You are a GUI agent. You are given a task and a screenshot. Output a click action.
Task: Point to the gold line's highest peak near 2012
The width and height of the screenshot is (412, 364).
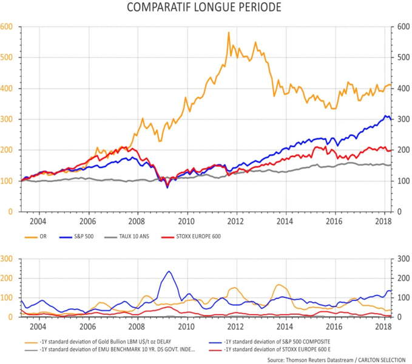point(229,33)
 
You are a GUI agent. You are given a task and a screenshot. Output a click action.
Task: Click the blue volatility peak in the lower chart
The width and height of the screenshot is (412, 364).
point(168,271)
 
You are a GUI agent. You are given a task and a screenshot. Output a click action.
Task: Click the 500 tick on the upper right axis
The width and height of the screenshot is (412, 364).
point(402,58)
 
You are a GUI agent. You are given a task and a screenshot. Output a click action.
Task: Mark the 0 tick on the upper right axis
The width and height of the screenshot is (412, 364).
point(399,212)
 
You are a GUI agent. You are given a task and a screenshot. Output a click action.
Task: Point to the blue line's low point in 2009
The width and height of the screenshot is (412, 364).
point(167,187)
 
